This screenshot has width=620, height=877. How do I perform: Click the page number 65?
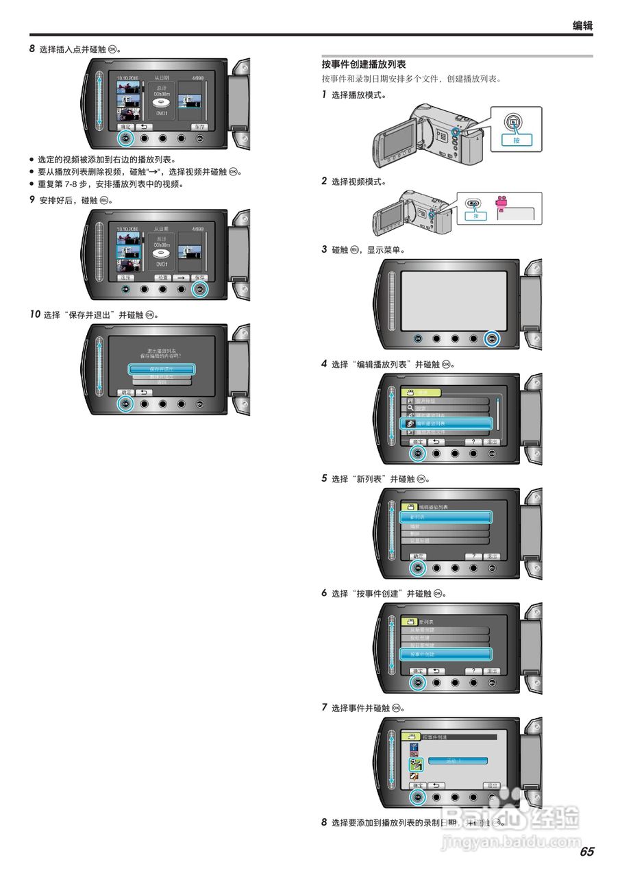(586, 852)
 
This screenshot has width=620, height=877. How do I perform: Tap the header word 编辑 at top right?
(582, 26)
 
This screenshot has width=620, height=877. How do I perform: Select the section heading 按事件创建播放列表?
(364, 64)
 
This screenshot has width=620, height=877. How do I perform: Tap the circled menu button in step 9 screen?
(199, 288)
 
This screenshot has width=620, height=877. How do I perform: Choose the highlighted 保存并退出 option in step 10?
(162, 369)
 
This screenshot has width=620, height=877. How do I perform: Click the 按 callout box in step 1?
(517, 140)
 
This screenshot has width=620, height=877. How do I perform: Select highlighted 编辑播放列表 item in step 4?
(446, 424)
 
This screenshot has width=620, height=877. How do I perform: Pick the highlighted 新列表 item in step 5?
(446, 517)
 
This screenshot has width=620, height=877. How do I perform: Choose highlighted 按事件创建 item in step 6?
(446, 654)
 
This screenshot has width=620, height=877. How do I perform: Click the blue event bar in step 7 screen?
(458, 761)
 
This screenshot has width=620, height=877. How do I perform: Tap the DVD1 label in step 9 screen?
(162, 263)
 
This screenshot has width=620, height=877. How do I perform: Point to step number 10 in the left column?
(35, 314)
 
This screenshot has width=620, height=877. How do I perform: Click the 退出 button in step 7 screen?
(491, 785)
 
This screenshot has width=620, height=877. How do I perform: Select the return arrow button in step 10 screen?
(144, 392)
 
